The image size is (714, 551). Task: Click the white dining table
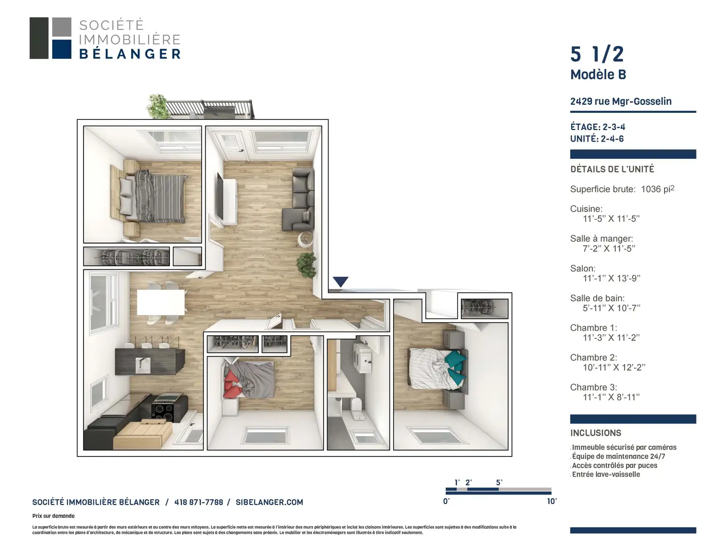pos(161,302)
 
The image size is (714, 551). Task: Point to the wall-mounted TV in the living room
pos(220,196)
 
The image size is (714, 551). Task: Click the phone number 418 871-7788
pos(199,502)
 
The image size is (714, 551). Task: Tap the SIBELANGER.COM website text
pos(269,502)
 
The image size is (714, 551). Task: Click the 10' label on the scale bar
pos(552,501)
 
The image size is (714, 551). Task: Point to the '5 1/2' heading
pos(597,54)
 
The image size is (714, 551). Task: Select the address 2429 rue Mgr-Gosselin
pos(621,101)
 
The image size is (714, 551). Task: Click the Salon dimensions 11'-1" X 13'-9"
pos(611,278)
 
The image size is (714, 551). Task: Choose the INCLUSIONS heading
pos(596,433)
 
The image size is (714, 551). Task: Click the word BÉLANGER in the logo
pos(130,54)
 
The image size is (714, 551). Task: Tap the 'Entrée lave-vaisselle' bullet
pos(606,474)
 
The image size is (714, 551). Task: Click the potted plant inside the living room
pos(307,265)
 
